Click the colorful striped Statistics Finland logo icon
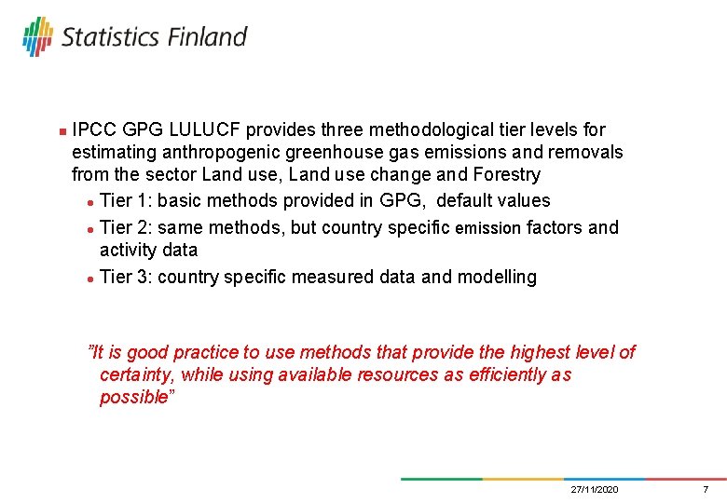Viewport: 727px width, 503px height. [x=38, y=36]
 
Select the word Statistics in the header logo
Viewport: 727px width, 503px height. [x=110, y=37]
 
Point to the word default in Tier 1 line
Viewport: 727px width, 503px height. [x=467, y=200]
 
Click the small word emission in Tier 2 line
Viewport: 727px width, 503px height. [x=487, y=228]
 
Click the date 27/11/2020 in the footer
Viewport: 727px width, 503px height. [x=594, y=490]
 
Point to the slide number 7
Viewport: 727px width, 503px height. [x=706, y=490]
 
